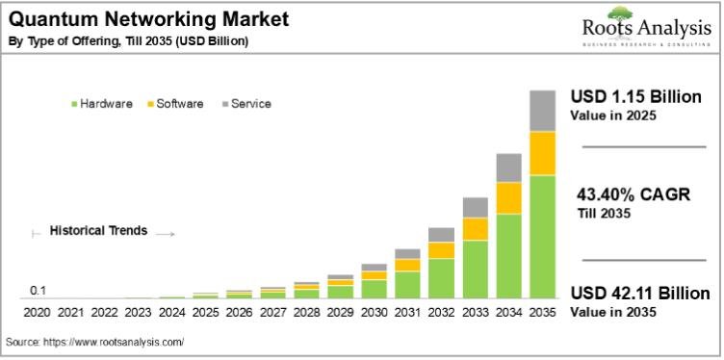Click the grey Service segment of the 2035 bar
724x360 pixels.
coord(543,110)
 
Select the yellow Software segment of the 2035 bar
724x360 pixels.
coord(543,153)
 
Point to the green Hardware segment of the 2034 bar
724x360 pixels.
coord(509,255)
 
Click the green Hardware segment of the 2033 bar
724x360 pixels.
coord(476,269)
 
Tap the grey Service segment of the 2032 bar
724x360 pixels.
coord(442,234)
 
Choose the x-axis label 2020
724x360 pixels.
coord(37,313)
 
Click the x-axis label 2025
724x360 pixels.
coord(205,313)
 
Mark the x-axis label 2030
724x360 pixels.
coord(375,313)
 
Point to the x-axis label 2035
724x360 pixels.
coord(543,313)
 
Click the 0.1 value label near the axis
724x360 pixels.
coord(39,291)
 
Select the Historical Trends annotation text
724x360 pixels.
coord(99,231)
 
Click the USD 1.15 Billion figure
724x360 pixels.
coord(635,98)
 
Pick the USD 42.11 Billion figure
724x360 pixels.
coord(640,294)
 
